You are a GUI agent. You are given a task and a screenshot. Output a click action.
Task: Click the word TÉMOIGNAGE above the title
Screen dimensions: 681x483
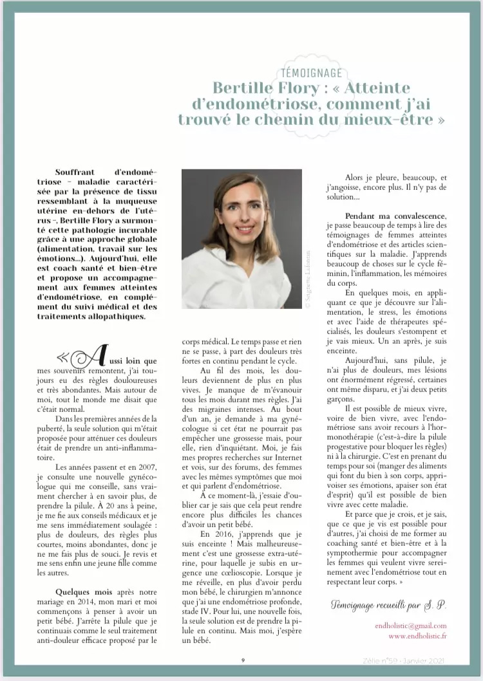pyautogui.click(x=312, y=73)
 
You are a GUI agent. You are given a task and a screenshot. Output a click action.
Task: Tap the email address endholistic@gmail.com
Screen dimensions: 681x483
pyautogui.click(x=410, y=626)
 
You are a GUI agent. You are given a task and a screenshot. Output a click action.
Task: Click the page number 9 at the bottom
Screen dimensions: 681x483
pyautogui.click(x=243, y=660)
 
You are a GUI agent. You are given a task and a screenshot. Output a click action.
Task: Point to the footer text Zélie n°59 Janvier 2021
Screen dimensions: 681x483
pyautogui.click(x=413, y=660)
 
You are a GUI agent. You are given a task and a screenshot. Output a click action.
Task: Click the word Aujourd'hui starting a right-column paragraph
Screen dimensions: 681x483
pyautogui.click(x=370, y=362)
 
